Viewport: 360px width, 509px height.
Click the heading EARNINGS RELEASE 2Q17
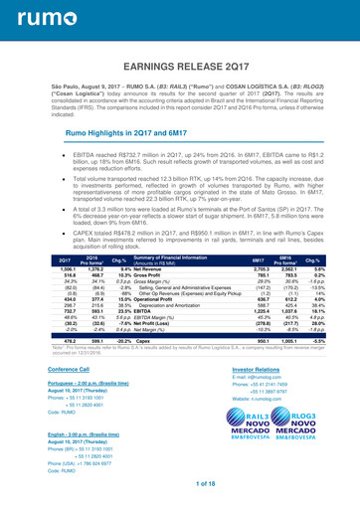click(x=180, y=67)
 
